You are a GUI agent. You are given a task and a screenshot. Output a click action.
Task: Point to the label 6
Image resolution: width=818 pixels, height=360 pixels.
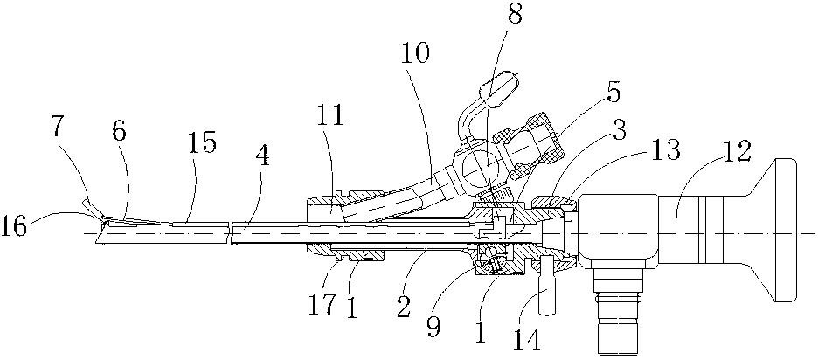tap(119, 134)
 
